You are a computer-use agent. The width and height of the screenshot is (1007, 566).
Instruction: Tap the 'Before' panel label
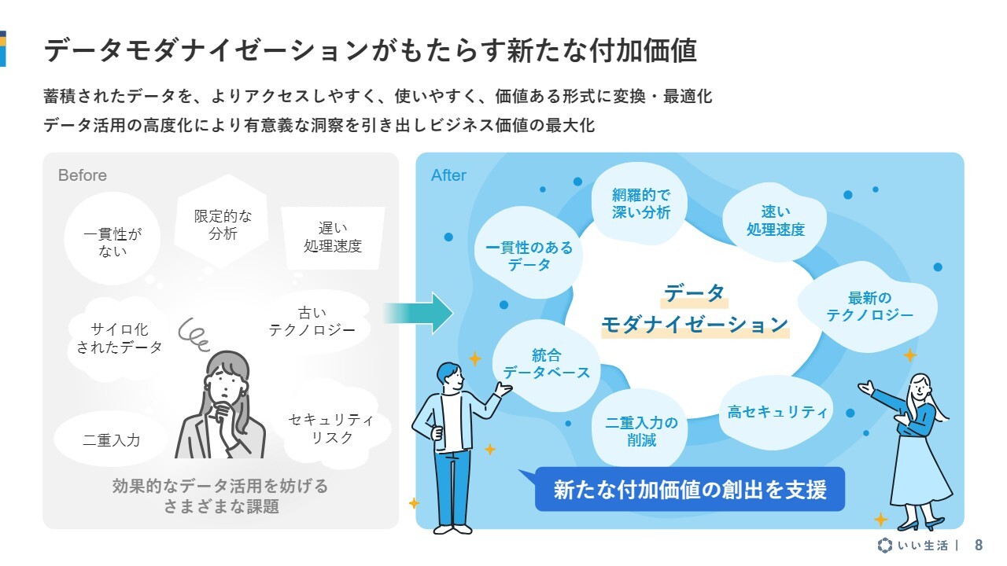(x=83, y=175)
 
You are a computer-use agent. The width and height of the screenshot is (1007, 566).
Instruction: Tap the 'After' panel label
(x=448, y=175)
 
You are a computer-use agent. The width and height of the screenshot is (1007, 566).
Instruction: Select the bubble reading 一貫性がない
(x=113, y=238)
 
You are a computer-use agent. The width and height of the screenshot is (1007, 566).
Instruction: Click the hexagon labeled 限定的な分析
(x=222, y=221)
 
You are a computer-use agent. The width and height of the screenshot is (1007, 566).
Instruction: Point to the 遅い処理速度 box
(x=333, y=237)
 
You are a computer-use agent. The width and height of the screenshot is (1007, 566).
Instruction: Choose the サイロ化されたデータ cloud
(x=119, y=338)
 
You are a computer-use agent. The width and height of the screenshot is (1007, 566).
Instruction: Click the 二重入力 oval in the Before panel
(x=111, y=439)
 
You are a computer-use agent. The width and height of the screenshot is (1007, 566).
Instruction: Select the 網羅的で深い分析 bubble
(x=640, y=204)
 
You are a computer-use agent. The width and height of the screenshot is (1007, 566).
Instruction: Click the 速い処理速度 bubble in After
(x=775, y=221)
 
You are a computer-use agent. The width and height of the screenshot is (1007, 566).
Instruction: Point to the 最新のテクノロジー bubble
(x=869, y=307)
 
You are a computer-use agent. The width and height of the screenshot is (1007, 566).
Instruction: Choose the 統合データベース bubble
(x=546, y=365)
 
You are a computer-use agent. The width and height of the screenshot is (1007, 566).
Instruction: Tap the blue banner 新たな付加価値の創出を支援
(x=690, y=489)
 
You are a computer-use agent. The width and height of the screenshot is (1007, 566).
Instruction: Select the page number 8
(x=979, y=546)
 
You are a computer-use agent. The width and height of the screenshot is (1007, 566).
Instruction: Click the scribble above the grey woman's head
(x=194, y=334)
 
